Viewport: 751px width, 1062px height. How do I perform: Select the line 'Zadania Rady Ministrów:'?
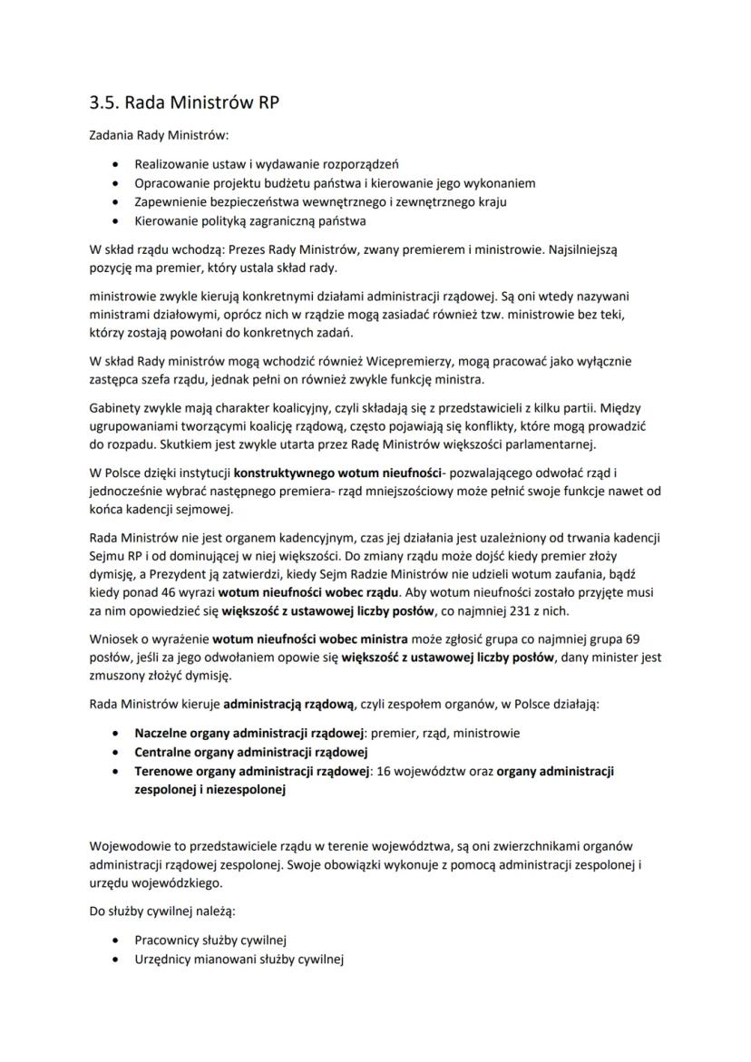point(160,136)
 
